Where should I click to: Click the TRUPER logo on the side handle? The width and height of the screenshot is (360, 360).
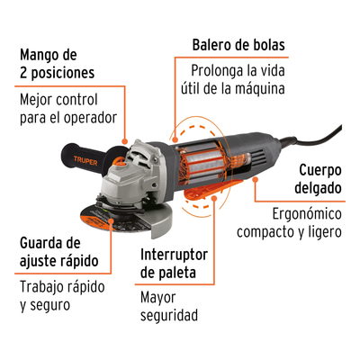click(x=85, y=161)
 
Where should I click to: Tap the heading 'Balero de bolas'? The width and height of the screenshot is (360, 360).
click(x=238, y=45)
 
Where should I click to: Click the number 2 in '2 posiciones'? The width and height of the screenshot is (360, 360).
click(x=23, y=73)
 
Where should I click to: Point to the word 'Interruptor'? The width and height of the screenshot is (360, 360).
click(x=174, y=255)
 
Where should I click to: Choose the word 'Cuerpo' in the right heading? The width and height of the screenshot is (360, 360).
click(x=320, y=171)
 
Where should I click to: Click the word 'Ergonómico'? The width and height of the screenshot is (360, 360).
click(x=307, y=214)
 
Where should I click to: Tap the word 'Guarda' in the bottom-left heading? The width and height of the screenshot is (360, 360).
click(x=39, y=243)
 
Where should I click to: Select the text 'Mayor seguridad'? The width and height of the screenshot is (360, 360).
click(x=169, y=306)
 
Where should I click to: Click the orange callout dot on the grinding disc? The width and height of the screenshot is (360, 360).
click(x=111, y=221)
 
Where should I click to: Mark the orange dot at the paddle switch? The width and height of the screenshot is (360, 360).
click(x=214, y=198)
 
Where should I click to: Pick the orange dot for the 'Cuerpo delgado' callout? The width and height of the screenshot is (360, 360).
click(x=255, y=179)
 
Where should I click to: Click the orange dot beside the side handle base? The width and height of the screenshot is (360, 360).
click(x=125, y=141)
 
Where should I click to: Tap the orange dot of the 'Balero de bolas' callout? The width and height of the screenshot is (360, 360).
click(x=175, y=139)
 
